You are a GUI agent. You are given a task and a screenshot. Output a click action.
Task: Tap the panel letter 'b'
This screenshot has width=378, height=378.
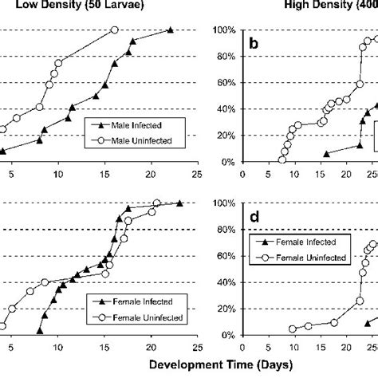254,45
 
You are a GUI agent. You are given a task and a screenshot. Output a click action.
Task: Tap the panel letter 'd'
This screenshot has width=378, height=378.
254,218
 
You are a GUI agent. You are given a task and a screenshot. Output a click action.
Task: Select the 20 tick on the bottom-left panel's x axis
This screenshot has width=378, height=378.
151,347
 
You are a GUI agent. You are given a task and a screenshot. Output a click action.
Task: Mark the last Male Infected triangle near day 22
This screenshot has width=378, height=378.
170,30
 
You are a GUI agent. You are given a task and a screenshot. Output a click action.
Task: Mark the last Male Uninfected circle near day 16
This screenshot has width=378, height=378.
115,30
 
